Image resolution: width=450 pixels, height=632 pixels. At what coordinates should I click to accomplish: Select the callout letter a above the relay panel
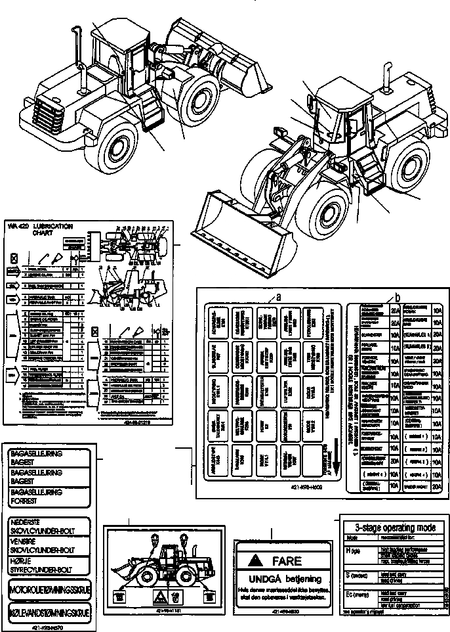click(278, 296)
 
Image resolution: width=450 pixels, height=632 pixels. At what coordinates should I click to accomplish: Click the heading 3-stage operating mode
click(394, 527)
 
